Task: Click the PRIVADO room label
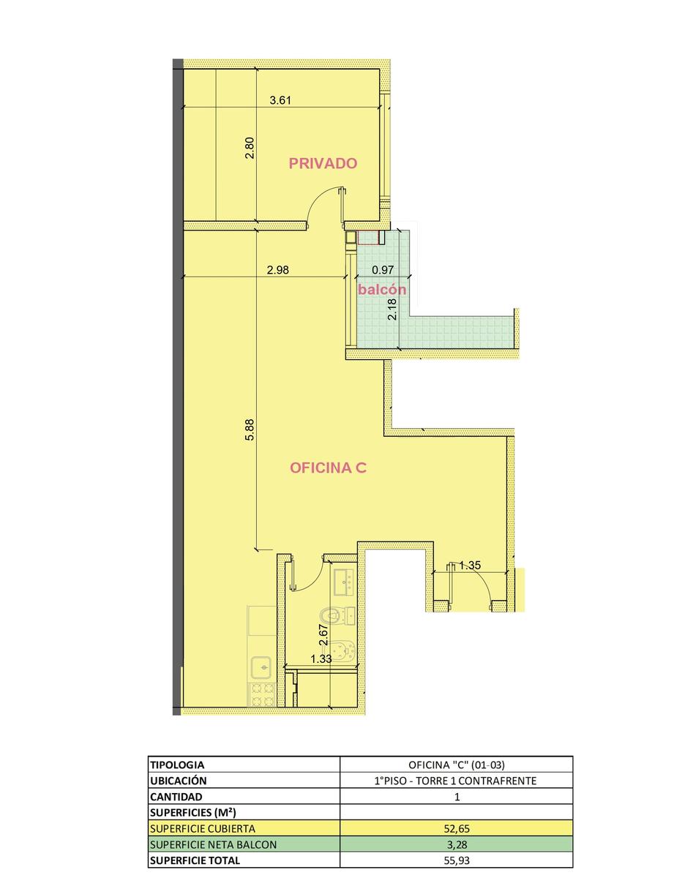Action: click(x=323, y=163)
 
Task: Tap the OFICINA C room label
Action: click(x=328, y=468)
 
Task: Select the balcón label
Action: click(x=382, y=289)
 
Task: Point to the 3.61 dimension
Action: click(x=280, y=100)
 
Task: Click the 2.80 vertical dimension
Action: click(x=250, y=148)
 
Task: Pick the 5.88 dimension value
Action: click(x=250, y=429)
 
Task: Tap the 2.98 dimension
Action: click(x=277, y=270)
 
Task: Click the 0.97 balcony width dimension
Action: click(x=383, y=270)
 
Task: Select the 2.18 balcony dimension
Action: click(x=392, y=309)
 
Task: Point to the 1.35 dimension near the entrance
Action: click(x=470, y=565)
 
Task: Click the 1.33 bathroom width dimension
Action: click(x=321, y=659)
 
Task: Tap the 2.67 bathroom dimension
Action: click(x=323, y=635)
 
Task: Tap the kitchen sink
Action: click(x=261, y=667)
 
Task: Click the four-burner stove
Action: click(x=262, y=695)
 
